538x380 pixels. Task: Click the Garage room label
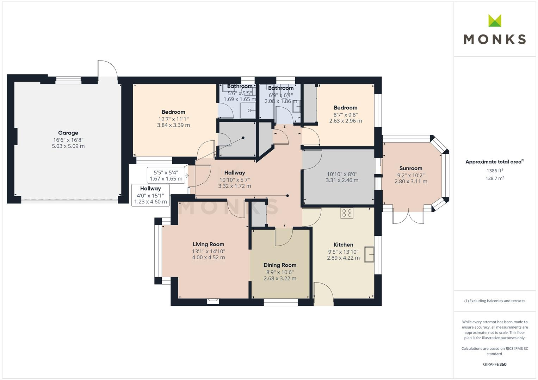68,133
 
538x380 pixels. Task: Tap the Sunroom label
411,168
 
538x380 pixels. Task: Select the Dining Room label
280,265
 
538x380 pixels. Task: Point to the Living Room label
209,244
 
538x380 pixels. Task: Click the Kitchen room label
343,245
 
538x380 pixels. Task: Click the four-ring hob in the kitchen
347,213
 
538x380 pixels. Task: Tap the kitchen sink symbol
369,254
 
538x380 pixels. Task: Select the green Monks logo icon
495,20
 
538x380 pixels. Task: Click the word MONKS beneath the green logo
495,39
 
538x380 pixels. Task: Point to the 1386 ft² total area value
495,171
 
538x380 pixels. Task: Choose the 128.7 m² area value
495,178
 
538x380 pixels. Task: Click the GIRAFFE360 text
495,364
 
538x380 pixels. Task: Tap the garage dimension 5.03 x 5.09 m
68,146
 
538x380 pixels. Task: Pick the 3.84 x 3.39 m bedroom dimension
173,125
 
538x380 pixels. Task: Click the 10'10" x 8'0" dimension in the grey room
342,174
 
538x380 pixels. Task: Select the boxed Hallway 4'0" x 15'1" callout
150,195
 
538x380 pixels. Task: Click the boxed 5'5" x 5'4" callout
166,175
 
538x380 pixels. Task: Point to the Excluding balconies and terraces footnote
495,301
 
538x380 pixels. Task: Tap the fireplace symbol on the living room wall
213,301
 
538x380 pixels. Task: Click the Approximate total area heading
495,162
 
